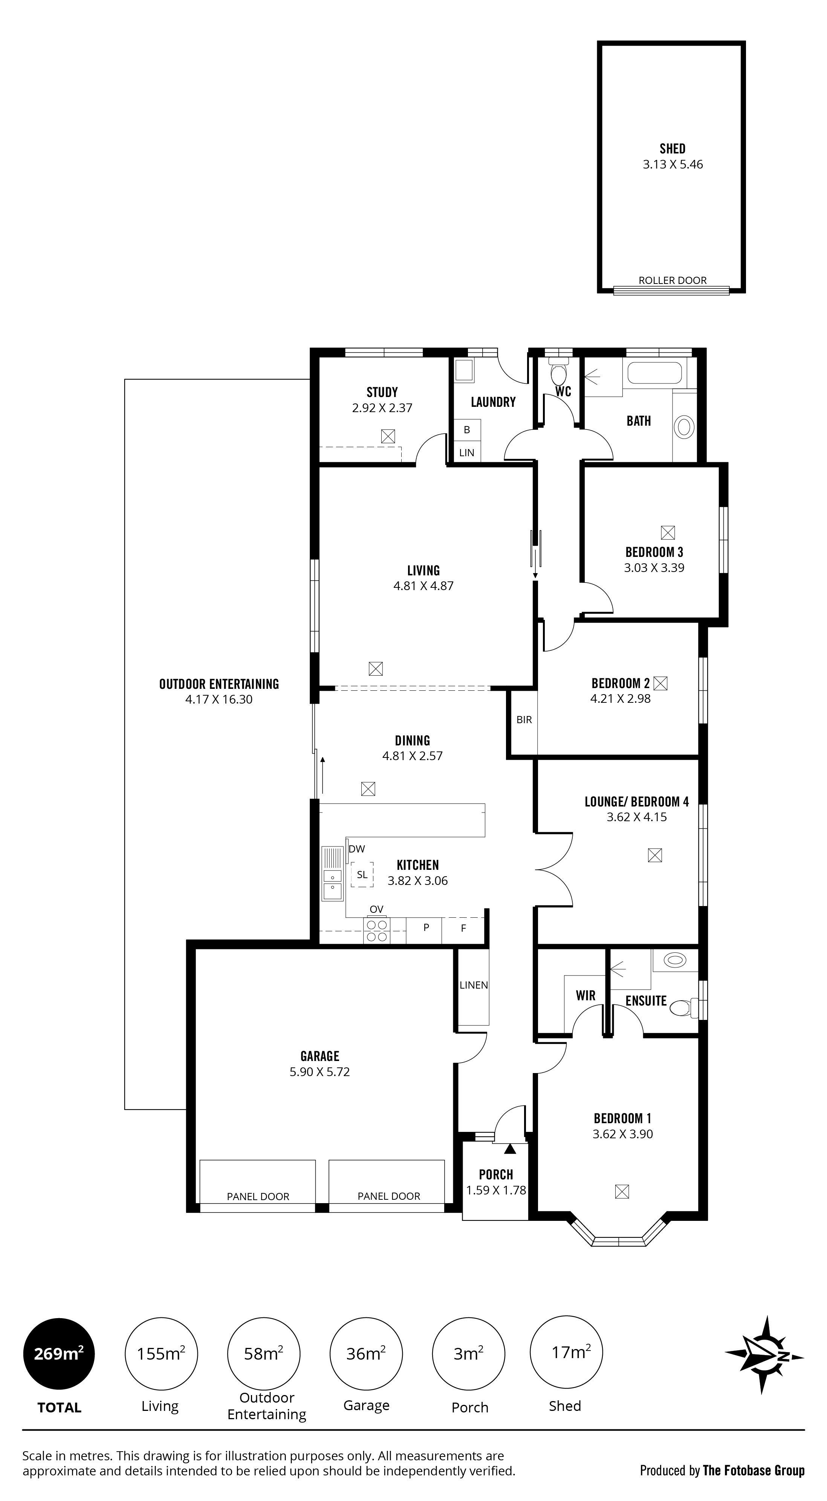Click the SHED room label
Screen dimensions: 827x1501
coord(672,149)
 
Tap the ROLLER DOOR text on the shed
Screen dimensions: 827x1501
coord(673,280)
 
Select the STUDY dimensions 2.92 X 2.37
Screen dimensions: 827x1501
coord(382,408)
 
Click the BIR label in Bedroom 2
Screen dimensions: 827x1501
coord(524,720)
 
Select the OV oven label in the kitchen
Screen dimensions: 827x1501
coord(376,909)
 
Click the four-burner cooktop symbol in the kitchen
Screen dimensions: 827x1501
coord(376,931)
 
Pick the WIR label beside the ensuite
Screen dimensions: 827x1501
coord(586,995)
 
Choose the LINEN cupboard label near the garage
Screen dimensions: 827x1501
coord(474,985)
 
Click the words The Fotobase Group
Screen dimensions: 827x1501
coord(754,1471)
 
